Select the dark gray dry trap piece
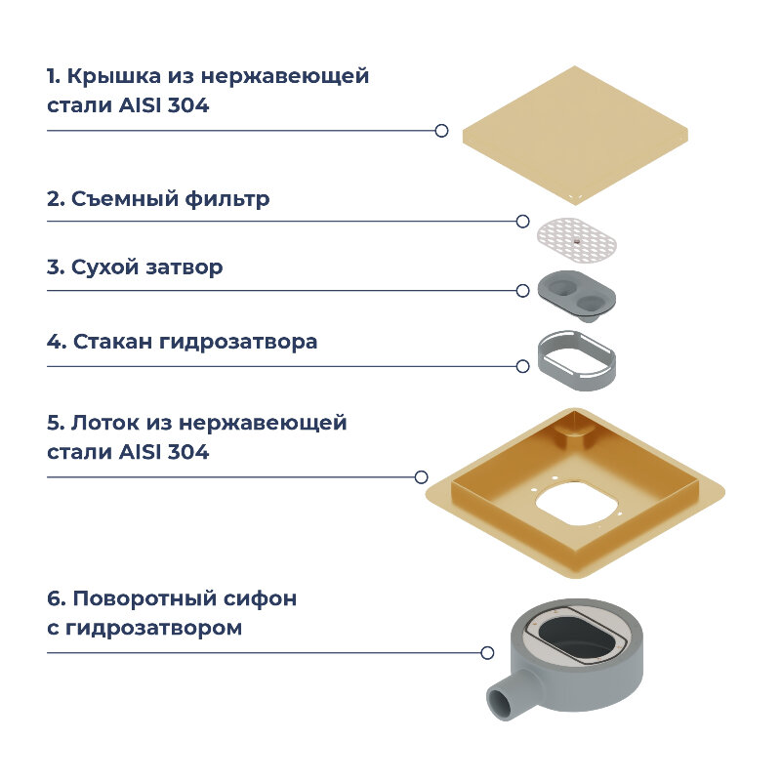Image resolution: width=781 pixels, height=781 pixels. [576, 294]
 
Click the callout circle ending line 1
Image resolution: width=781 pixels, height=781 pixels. [441, 130]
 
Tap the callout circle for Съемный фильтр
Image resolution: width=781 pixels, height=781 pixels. [523, 222]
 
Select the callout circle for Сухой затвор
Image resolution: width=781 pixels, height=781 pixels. [523, 290]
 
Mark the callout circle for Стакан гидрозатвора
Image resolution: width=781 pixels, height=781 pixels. [523, 366]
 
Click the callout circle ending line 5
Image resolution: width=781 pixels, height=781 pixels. [421, 477]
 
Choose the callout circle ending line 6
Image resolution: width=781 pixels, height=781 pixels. [487, 652]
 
